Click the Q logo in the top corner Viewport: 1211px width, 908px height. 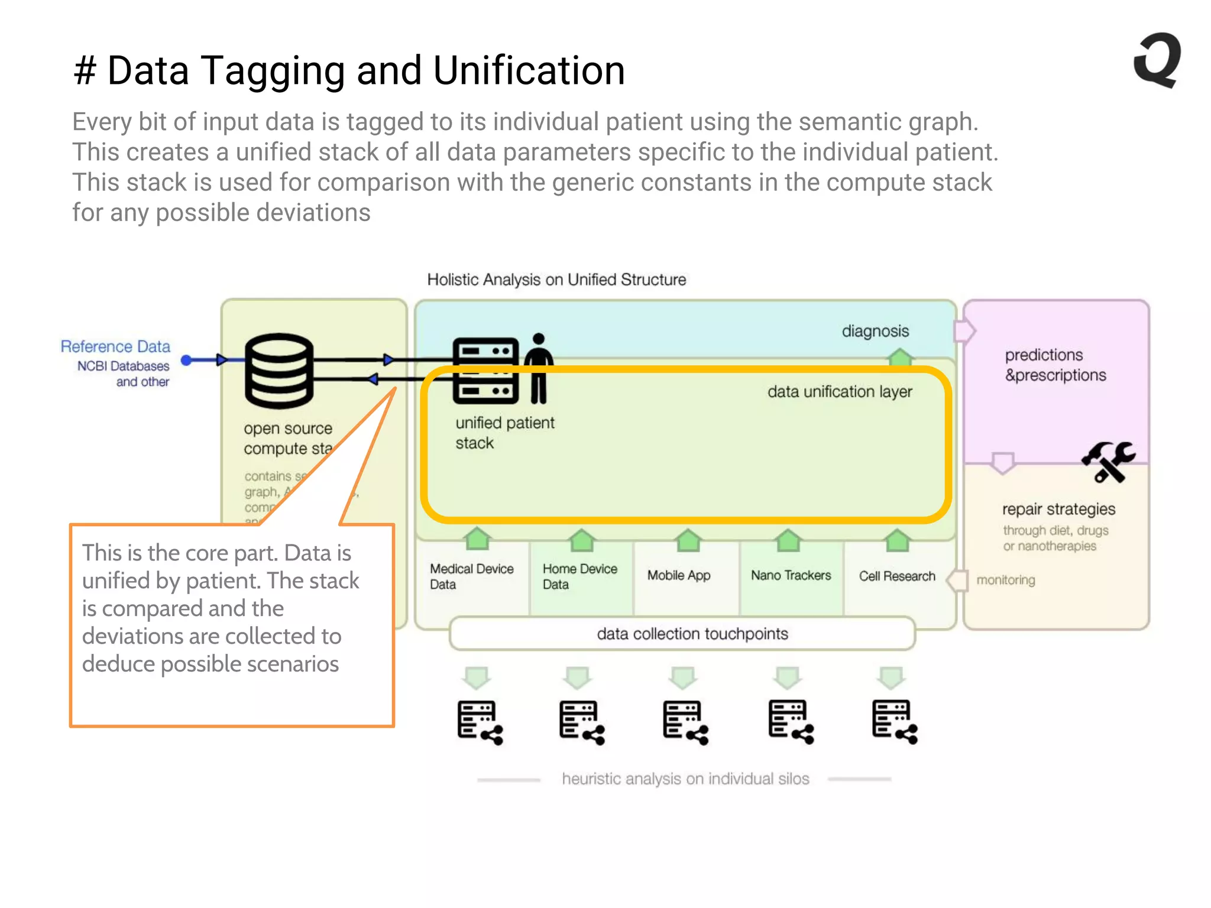(x=1158, y=60)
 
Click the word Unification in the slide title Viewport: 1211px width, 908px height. (x=529, y=71)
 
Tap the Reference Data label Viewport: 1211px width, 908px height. (x=115, y=346)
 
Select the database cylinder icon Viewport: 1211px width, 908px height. (x=279, y=371)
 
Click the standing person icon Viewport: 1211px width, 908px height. (x=538, y=369)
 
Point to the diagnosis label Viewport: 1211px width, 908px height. (x=875, y=331)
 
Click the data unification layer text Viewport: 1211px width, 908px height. (x=840, y=392)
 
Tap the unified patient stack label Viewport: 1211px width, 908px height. (x=504, y=433)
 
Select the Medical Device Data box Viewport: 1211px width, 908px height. (x=471, y=576)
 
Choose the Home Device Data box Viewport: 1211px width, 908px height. (x=580, y=576)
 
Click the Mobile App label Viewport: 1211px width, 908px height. (x=679, y=575)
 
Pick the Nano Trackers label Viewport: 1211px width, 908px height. (x=791, y=575)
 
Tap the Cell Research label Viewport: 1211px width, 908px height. (x=897, y=576)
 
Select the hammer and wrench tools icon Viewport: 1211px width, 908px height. (x=1108, y=462)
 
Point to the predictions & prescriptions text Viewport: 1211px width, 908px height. (x=1055, y=365)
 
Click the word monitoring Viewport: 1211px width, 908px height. (x=1005, y=580)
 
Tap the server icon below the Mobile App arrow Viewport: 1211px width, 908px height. (x=685, y=722)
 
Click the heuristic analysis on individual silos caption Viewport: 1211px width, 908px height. (x=685, y=779)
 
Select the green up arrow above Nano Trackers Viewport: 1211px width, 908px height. (x=788, y=540)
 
